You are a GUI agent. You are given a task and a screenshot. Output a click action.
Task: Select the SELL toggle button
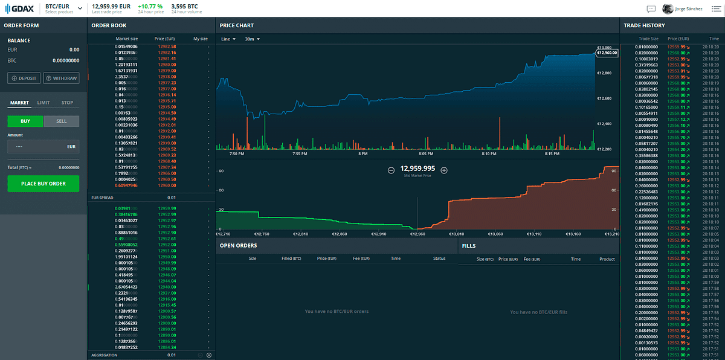point(61,121)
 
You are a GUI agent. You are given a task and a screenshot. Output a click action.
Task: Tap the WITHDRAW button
point(61,78)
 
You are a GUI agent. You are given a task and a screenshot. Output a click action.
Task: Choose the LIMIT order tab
point(43,103)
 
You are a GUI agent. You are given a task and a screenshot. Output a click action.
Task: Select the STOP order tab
point(67,103)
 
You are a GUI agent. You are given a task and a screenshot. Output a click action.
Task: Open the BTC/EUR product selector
point(63,8)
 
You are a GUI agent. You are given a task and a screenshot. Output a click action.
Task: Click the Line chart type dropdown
point(228,39)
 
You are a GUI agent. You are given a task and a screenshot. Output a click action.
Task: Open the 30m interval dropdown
point(252,39)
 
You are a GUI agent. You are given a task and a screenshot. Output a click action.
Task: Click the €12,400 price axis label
point(604,123)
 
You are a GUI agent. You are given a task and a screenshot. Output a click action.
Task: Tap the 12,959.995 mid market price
point(417,169)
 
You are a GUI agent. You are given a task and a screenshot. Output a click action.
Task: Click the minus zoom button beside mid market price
point(391,170)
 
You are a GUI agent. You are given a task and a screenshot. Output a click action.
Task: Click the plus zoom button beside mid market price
point(444,170)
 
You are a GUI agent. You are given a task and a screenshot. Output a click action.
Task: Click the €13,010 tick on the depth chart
point(456,233)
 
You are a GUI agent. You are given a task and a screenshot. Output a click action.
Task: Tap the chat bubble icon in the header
point(651,8)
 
